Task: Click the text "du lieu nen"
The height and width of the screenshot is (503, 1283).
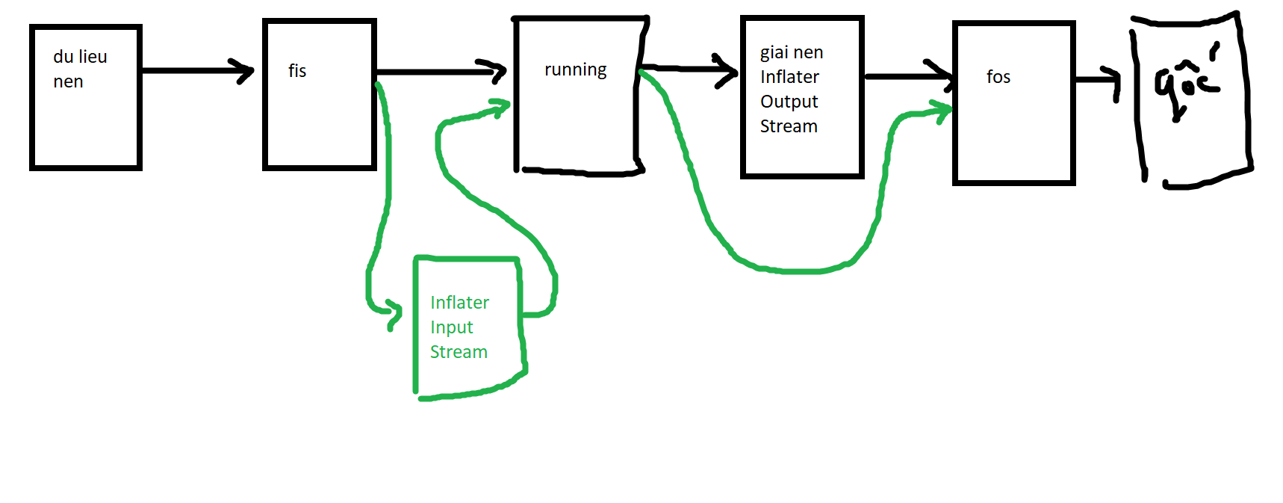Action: click(x=80, y=69)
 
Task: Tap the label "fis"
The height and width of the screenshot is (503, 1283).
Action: click(x=297, y=71)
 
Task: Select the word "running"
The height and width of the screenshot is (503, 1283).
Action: click(x=575, y=70)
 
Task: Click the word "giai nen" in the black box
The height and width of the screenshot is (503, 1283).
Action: click(x=792, y=53)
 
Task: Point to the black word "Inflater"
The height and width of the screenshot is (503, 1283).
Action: click(x=789, y=77)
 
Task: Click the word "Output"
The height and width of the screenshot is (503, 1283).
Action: click(x=789, y=102)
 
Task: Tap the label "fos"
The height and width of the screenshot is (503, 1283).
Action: click(x=998, y=77)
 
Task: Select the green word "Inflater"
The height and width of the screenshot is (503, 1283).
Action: click(x=459, y=303)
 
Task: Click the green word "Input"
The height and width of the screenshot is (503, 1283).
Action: click(x=451, y=327)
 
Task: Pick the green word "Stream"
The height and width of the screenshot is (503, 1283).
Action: click(x=459, y=352)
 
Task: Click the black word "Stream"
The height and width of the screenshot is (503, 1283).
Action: click(x=789, y=126)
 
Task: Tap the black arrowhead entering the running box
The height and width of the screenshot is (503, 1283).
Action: click(x=497, y=71)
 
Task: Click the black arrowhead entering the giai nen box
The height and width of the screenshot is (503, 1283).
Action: click(x=728, y=70)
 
